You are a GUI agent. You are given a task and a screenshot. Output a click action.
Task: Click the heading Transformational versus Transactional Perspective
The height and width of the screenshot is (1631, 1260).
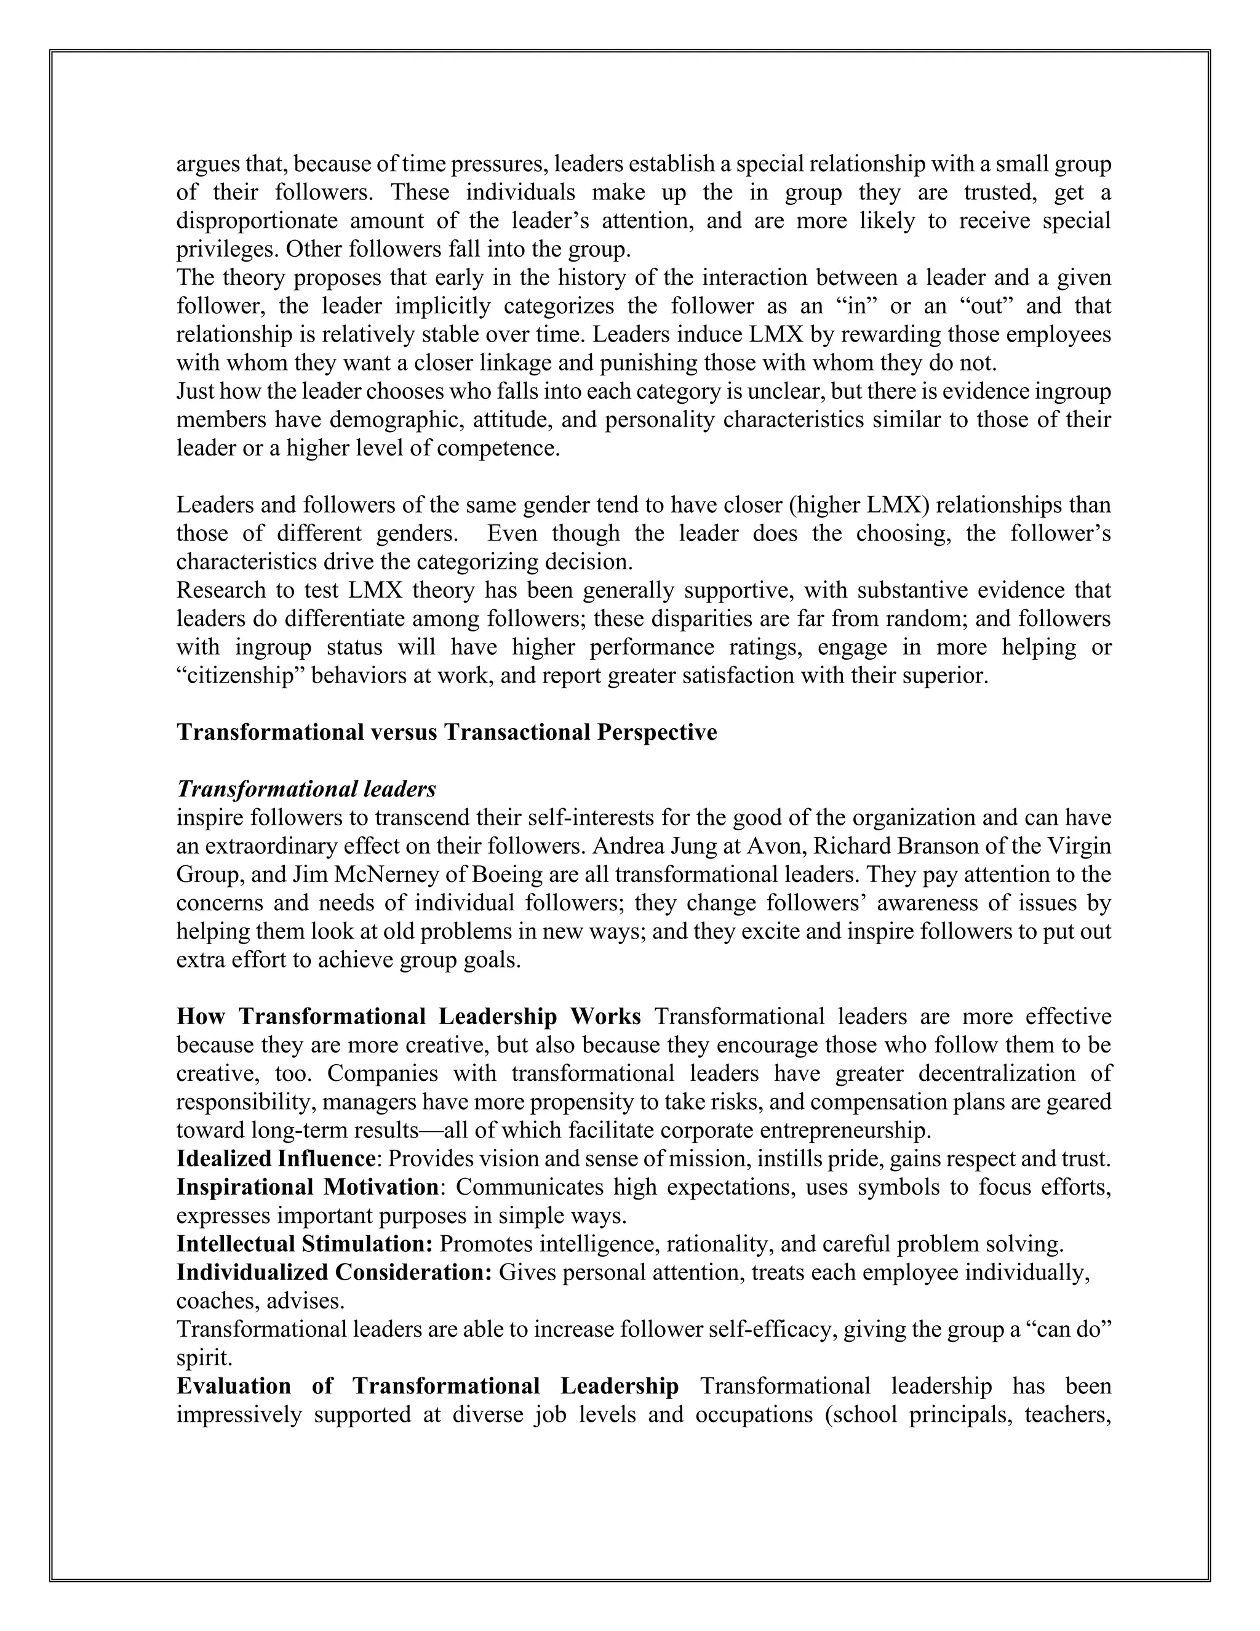click(x=447, y=732)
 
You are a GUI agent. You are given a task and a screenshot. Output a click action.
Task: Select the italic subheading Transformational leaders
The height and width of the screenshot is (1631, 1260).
click(x=306, y=790)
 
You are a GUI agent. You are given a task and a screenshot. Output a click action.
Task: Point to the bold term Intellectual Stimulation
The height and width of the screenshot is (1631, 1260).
click(x=305, y=1244)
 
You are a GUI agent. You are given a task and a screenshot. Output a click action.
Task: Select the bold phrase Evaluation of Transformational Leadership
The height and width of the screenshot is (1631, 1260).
click(x=427, y=1386)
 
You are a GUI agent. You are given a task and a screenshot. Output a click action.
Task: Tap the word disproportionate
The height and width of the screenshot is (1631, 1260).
click(x=255, y=221)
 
